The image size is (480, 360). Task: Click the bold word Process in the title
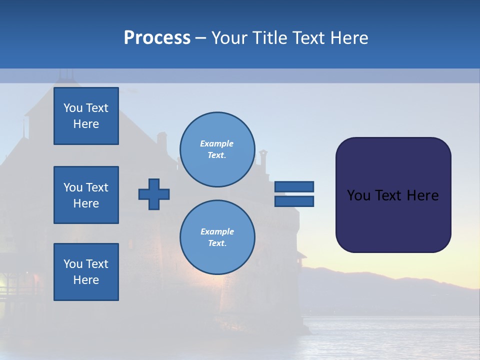tap(157, 38)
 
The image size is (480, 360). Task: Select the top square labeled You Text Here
tap(86, 116)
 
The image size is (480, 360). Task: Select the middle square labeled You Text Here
tap(86, 195)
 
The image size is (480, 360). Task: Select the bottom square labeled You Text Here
tap(86, 272)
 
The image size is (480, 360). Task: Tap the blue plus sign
tap(154, 194)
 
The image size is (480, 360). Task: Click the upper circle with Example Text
tap(217, 149)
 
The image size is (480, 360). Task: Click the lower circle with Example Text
tap(217, 237)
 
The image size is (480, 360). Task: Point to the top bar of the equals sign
tap(294, 187)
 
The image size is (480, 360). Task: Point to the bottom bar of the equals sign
tap(294, 201)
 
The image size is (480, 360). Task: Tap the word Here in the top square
tap(86, 124)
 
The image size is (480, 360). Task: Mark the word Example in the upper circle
tap(217, 143)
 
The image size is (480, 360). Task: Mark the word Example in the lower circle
tap(217, 231)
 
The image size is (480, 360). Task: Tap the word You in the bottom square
tap(72, 264)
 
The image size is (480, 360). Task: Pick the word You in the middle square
tap(72, 187)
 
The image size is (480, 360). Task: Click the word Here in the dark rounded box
tap(422, 195)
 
